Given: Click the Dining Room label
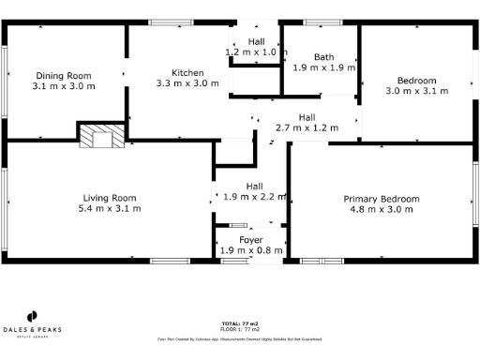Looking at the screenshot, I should pyautogui.click(x=64, y=76).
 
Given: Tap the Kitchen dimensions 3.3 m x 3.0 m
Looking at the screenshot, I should pyautogui.click(x=187, y=83).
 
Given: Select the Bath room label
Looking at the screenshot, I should pyautogui.click(x=324, y=57).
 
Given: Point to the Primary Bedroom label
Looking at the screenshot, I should pyautogui.click(x=381, y=199).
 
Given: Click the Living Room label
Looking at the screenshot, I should pyautogui.click(x=110, y=198).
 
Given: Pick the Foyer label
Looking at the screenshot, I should pyautogui.click(x=250, y=240).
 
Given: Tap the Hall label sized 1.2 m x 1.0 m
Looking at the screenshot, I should pyautogui.click(x=256, y=41).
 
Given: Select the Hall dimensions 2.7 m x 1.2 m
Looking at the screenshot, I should pyautogui.click(x=307, y=127).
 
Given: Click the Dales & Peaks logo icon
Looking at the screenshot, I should pyautogui.click(x=31, y=316).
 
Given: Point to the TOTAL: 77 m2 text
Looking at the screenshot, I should pyautogui.click(x=240, y=322).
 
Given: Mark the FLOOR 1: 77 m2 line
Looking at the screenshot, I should pyautogui.click(x=240, y=328).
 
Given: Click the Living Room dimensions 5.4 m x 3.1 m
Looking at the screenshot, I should pyautogui.click(x=110, y=208).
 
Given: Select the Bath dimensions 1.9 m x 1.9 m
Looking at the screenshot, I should pyautogui.click(x=324, y=67).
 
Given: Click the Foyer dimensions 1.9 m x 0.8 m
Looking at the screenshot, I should pyautogui.click(x=250, y=250).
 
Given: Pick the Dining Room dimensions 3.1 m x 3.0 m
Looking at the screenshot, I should pyautogui.click(x=64, y=86).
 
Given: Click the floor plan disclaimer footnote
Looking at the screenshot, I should pyautogui.click(x=240, y=338).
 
